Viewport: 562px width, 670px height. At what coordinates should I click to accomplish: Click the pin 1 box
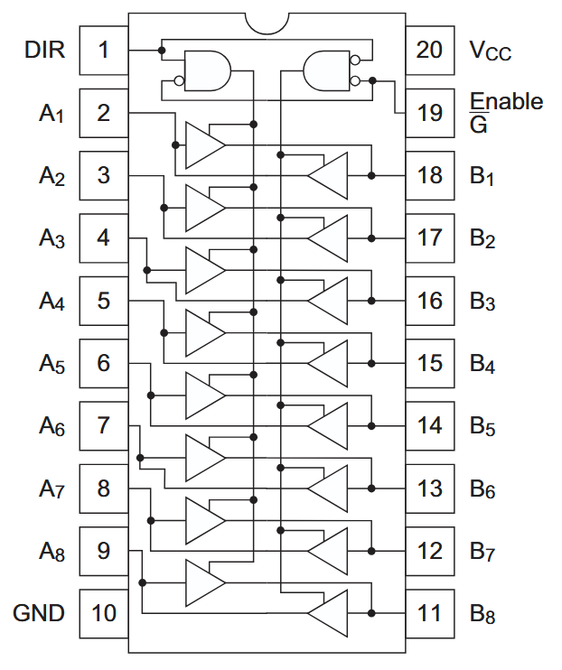click(x=103, y=50)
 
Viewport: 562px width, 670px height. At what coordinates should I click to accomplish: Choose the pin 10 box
click(x=103, y=613)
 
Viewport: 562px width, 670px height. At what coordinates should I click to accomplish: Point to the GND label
click(x=39, y=613)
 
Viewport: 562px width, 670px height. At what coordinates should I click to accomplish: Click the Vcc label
click(x=491, y=51)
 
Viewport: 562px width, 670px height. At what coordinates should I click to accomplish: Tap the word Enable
click(x=506, y=100)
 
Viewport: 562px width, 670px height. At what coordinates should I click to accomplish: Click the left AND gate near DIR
click(x=207, y=70)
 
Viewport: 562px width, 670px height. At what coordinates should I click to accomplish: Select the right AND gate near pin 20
click(x=327, y=70)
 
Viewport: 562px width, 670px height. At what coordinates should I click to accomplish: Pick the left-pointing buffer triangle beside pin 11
click(x=327, y=612)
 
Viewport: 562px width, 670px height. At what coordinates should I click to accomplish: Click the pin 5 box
click(x=103, y=300)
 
